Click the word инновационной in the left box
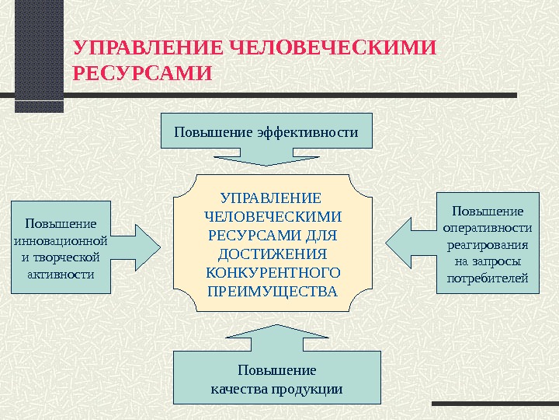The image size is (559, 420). tap(61, 240)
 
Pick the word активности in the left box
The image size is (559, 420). tap(61, 274)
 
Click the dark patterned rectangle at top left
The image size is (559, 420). tap(39, 54)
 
